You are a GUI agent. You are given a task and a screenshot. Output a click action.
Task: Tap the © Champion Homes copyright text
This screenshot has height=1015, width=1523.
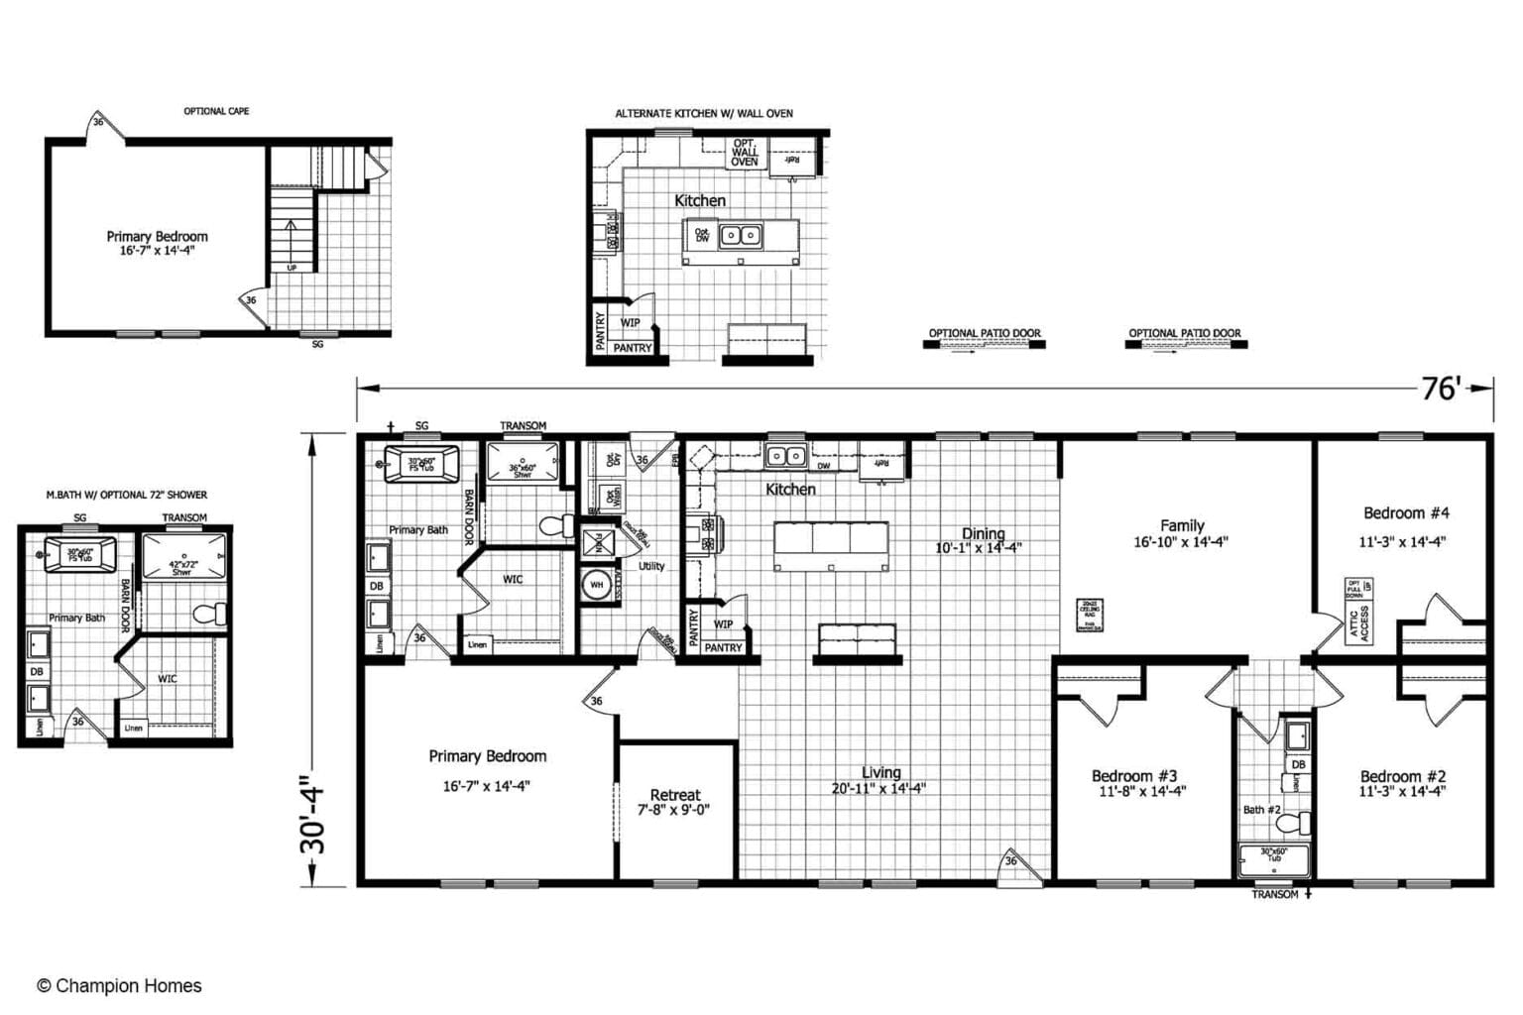click(119, 985)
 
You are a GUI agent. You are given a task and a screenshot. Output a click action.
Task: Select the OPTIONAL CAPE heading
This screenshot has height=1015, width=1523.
click(216, 111)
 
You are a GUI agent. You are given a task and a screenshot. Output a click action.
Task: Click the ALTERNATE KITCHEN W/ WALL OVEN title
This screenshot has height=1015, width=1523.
click(704, 113)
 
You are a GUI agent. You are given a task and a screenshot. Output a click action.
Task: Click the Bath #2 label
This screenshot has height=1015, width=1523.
click(1262, 809)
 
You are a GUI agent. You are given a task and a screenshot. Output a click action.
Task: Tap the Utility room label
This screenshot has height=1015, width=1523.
click(651, 566)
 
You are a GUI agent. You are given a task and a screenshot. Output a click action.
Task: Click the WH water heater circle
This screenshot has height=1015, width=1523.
click(597, 584)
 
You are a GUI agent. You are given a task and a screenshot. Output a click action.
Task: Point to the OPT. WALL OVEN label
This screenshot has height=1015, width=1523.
click(745, 152)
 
